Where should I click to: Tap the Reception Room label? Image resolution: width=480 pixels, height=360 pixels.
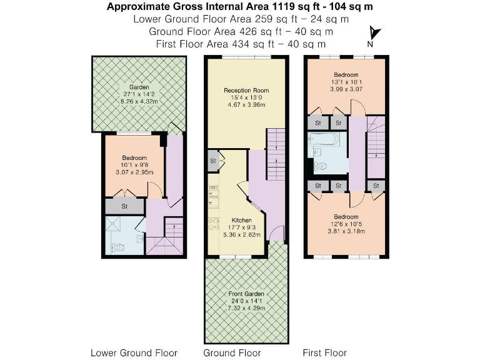tap(246, 91)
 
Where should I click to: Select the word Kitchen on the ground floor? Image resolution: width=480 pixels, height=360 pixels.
tap(241, 221)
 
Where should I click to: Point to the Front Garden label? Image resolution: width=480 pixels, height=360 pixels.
tap(246, 294)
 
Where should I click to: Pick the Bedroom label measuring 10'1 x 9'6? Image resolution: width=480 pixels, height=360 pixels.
tap(134, 158)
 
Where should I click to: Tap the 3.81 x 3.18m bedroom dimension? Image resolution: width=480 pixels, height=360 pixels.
tap(345, 229)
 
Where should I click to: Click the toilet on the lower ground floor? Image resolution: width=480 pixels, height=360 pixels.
tap(118, 247)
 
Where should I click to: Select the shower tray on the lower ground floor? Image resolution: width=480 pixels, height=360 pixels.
tap(116, 226)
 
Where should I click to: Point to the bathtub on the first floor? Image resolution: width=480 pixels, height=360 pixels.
tap(324, 140)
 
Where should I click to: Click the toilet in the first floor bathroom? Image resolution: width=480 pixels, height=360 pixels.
tap(320, 166)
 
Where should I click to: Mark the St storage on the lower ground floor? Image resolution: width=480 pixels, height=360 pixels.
tap(124, 206)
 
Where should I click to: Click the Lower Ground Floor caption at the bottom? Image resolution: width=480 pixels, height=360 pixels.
tap(134, 352)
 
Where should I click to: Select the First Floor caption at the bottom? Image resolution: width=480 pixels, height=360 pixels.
tap(326, 352)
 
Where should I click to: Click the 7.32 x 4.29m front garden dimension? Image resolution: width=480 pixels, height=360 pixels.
tap(246, 309)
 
